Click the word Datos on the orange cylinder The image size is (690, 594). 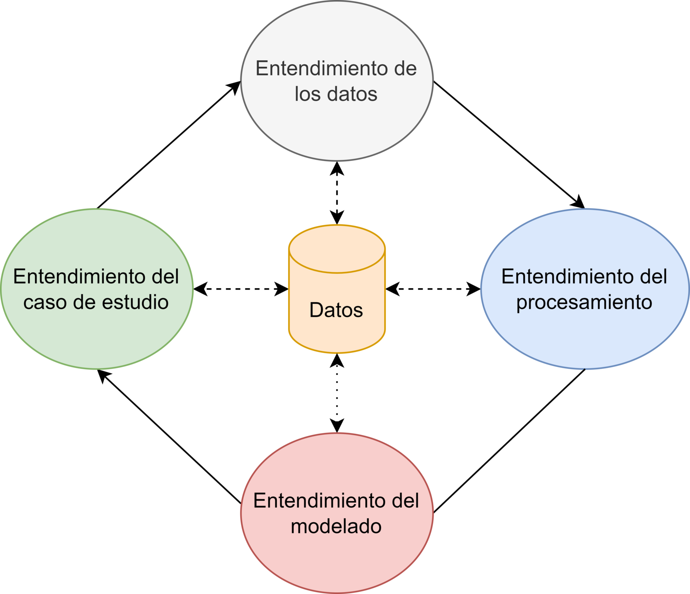(336, 310)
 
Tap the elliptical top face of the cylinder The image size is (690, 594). (337, 249)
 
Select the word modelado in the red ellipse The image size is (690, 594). (336, 527)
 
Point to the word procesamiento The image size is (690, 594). (584, 303)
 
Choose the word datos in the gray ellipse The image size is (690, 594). (352, 94)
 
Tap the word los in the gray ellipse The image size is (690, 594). (305, 94)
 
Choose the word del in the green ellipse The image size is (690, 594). (165, 277)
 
